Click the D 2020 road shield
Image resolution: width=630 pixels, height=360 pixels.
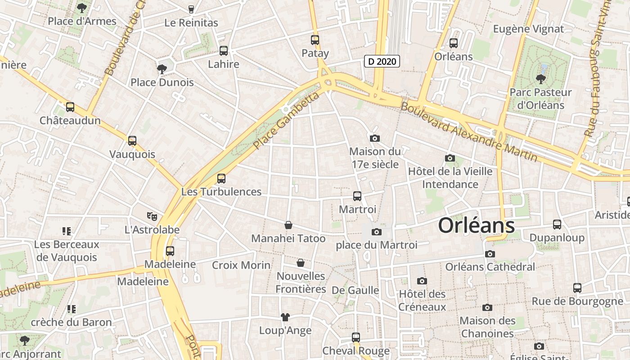coord(381,61)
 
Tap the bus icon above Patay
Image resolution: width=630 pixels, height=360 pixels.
coord(315,40)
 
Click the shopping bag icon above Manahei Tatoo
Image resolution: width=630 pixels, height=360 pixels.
coord(288,225)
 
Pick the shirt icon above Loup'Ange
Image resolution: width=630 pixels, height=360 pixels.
coord(285,317)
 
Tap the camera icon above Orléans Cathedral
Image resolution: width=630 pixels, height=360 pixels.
coord(490,254)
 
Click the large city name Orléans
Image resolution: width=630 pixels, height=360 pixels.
coord(476,225)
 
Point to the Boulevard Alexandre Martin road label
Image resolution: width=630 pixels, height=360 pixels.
coord(468,132)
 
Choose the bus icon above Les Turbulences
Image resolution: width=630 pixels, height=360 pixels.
coord(221,179)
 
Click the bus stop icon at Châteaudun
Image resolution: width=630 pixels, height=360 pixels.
coord(70,108)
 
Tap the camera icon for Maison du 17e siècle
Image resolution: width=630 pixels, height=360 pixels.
coord(374,138)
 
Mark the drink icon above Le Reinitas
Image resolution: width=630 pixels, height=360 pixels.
coord(191,9)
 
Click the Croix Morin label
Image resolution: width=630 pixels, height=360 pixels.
coord(241,265)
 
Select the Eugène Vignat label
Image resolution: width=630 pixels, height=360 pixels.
coord(528,29)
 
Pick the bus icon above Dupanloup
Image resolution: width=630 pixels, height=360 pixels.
coord(557,225)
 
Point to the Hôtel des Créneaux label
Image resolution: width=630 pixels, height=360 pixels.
coord(422,301)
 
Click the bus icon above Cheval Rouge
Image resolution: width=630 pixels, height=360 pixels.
coord(356,337)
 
